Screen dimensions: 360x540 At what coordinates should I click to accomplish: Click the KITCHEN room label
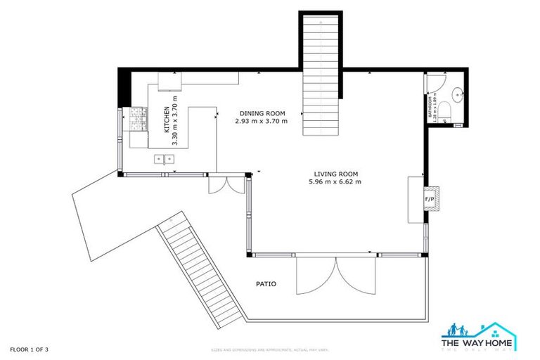coord(167,120)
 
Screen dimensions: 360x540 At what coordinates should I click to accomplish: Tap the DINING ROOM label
coord(262,113)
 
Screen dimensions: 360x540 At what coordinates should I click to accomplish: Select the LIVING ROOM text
coord(335,174)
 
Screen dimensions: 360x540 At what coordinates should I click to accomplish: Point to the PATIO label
coord(265,285)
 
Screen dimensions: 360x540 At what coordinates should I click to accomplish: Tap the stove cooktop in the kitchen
coord(137,119)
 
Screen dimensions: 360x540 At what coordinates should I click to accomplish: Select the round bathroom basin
coord(457,92)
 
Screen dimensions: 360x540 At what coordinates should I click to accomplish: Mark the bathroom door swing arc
coord(432,86)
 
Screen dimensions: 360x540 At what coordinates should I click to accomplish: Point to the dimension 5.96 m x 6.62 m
coord(335,182)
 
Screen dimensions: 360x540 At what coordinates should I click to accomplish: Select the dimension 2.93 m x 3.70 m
coord(262,121)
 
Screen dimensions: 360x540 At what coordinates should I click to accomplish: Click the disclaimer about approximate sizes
coord(270,349)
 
